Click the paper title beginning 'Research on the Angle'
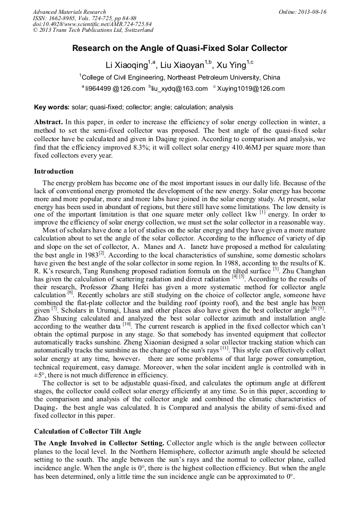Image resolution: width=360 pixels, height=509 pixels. pos(179,48)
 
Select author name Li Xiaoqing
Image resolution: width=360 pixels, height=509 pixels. pos(125,65)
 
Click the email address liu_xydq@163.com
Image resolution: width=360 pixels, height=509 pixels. pos(179,89)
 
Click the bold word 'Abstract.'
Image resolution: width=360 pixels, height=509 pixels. pos(48,122)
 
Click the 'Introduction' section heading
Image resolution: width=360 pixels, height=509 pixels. pos(54,171)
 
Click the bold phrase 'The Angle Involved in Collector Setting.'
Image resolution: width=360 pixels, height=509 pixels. pos(100,443)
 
